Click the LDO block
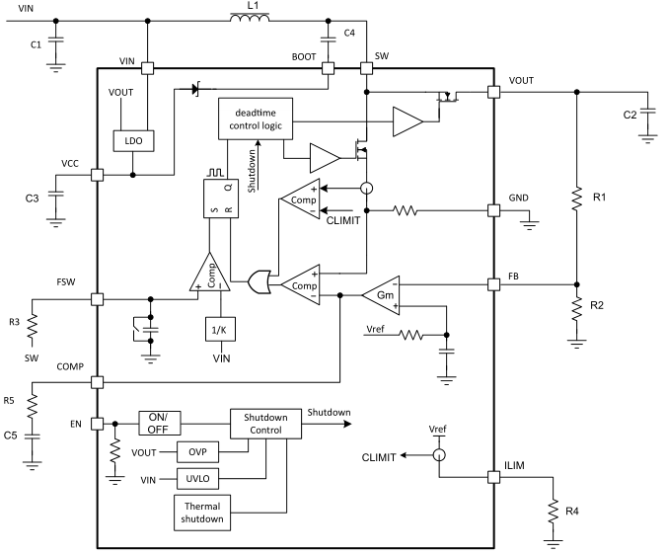(x=133, y=140)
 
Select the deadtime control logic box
(x=256, y=119)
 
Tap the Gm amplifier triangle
(x=381, y=295)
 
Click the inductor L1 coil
(x=250, y=18)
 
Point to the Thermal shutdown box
(x=202, y=513)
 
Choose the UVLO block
(x=197, y=479)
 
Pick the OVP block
(x=197, y=452)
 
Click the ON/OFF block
(x=160, y=423)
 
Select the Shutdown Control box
(x=265, y=424)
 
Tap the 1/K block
(x=220, y=329)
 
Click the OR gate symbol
(x=259, y=281)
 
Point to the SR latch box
(x=221, y=198)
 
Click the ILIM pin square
(x=494, y=477)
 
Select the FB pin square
(x=494, y=284)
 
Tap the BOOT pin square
(x=328, y=68)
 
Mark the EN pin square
(x=98, y=424)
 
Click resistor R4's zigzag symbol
(x=553, y=512)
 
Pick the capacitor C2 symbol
(x=647, y=115)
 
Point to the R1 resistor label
(x=599, y=198)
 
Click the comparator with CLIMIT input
(x=300, y=199)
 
